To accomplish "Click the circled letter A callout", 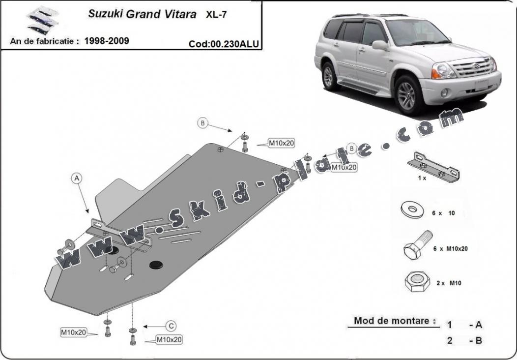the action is (x=77, y=179).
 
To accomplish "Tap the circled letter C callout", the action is (x=171, y=327).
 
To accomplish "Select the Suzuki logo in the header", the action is (x=42, y=21).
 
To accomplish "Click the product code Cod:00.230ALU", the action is (x=224, y=44).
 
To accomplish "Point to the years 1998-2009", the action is (x=107, y=41).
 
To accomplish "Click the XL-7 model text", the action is (x=216, y=15).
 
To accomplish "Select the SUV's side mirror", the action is (x=380, y=45).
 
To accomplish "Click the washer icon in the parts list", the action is (x=413, y=210).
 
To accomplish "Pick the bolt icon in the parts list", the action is (x=418, y=245).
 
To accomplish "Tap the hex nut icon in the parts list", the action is (x=417, y=282).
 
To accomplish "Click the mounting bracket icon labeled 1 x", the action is (x=433, y=167).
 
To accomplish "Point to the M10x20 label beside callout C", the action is (x=169, y=339).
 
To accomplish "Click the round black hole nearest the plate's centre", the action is (x=156, y=264).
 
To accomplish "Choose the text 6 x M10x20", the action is (x=450, y=249).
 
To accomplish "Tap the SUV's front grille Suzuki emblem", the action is (x=477, y=65).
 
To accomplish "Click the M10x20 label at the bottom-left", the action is (x=73, y=332).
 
